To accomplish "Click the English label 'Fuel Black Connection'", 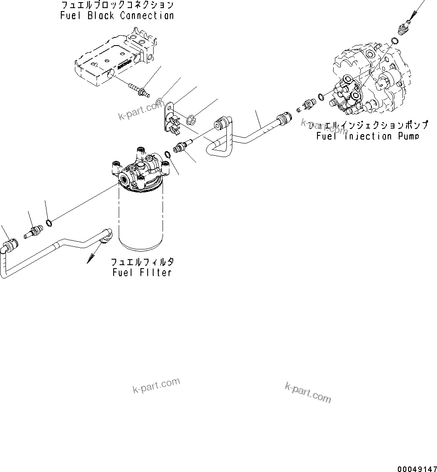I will coord(117,16).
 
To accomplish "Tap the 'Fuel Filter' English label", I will coord(142,272).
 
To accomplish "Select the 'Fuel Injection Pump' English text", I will coord(368,136).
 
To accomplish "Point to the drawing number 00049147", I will coord(417,469).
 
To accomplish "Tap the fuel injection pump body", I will coord(370,81).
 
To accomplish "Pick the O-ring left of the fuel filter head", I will coord(49,222).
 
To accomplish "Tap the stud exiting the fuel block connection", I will coord(139,90).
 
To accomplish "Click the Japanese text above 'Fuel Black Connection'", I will coord(117,5).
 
